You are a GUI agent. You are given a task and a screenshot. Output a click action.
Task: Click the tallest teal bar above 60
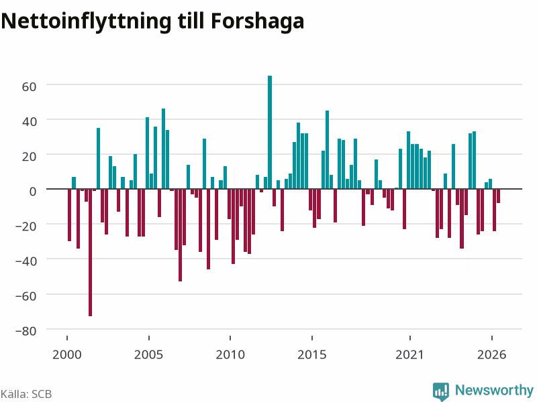pyautogui.click(x=270, y=132)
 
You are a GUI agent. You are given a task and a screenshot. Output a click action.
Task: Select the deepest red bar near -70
pyautogui.click(x=91, y=253)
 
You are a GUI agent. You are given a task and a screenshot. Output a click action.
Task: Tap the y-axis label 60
pyautogui.click(x=29, y=86)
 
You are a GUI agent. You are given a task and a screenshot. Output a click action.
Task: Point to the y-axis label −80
pyautogui.click(x=26, y=331)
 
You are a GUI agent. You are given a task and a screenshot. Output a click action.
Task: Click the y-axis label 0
pyautogui.click(x=33, y=192)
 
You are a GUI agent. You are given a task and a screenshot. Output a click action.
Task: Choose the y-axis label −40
pyautogui.click(x=26, y=261)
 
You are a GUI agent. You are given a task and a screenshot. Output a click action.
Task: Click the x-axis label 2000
pyautogui.click(x=66, y=354)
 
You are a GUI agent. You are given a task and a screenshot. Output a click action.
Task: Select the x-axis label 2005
pyautogui.click(x=148, y=354)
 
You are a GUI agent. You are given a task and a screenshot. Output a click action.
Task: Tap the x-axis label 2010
pyautogui.click(x=230, y=354)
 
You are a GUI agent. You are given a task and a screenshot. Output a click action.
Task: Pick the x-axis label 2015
pyautogui.click(x=312, y=354)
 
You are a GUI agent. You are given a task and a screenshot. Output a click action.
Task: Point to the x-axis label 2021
pyautogui.click(x=409, y=354)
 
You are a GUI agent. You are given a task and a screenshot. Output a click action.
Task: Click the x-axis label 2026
pyautogui.click(x=491, y=354)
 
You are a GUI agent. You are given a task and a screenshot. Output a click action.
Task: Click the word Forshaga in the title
pyautogui.click(x=258, y=21)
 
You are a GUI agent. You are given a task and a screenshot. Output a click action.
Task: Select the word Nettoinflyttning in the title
pyautogui.click(x=86, y=22)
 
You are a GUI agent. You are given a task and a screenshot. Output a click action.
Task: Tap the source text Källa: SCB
pyautogui.click(x=26, y=394)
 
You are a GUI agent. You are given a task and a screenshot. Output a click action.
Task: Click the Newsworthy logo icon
pyautogui.click(x=441, y=391)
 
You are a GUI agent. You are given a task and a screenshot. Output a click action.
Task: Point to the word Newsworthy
pyautogui.click(x=494, y=390)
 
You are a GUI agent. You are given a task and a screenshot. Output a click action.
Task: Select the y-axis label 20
pyautogui.click(x=29, y=156)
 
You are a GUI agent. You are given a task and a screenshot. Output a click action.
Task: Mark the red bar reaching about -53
pyautogui.click(x=180, y=235)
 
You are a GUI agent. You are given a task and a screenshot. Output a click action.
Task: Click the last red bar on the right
pyautogui.click(x=498, y=196)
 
